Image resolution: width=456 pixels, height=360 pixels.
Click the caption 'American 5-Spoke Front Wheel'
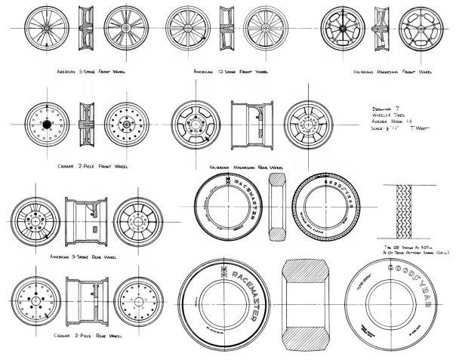pos(91,72)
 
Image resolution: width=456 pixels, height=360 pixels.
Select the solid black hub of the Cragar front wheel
pos(47,123)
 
